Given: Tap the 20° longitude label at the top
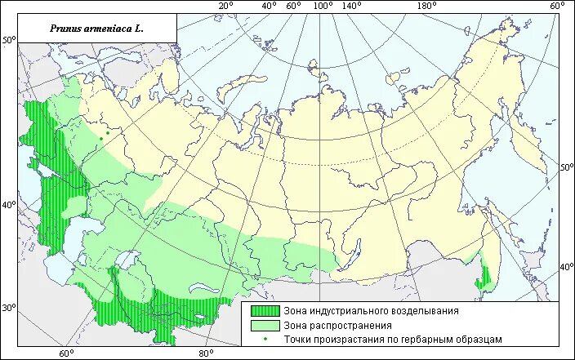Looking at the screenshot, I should [x=226, y=7].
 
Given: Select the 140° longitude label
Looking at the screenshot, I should [x=352, y=7].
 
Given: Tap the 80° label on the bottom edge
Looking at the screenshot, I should [x=206, y=353].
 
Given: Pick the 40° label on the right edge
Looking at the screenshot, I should [x=566, y=267].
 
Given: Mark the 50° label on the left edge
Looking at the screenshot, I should [x=9, y=40].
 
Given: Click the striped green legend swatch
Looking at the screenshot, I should [x=264, y=311].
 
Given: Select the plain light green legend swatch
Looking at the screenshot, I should [x=264, y=325].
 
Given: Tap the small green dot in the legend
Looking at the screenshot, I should [x=264, y=339].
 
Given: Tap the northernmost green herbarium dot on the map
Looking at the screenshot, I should [x=107, y=132].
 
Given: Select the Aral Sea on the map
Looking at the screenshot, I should [x=125, y=261].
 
